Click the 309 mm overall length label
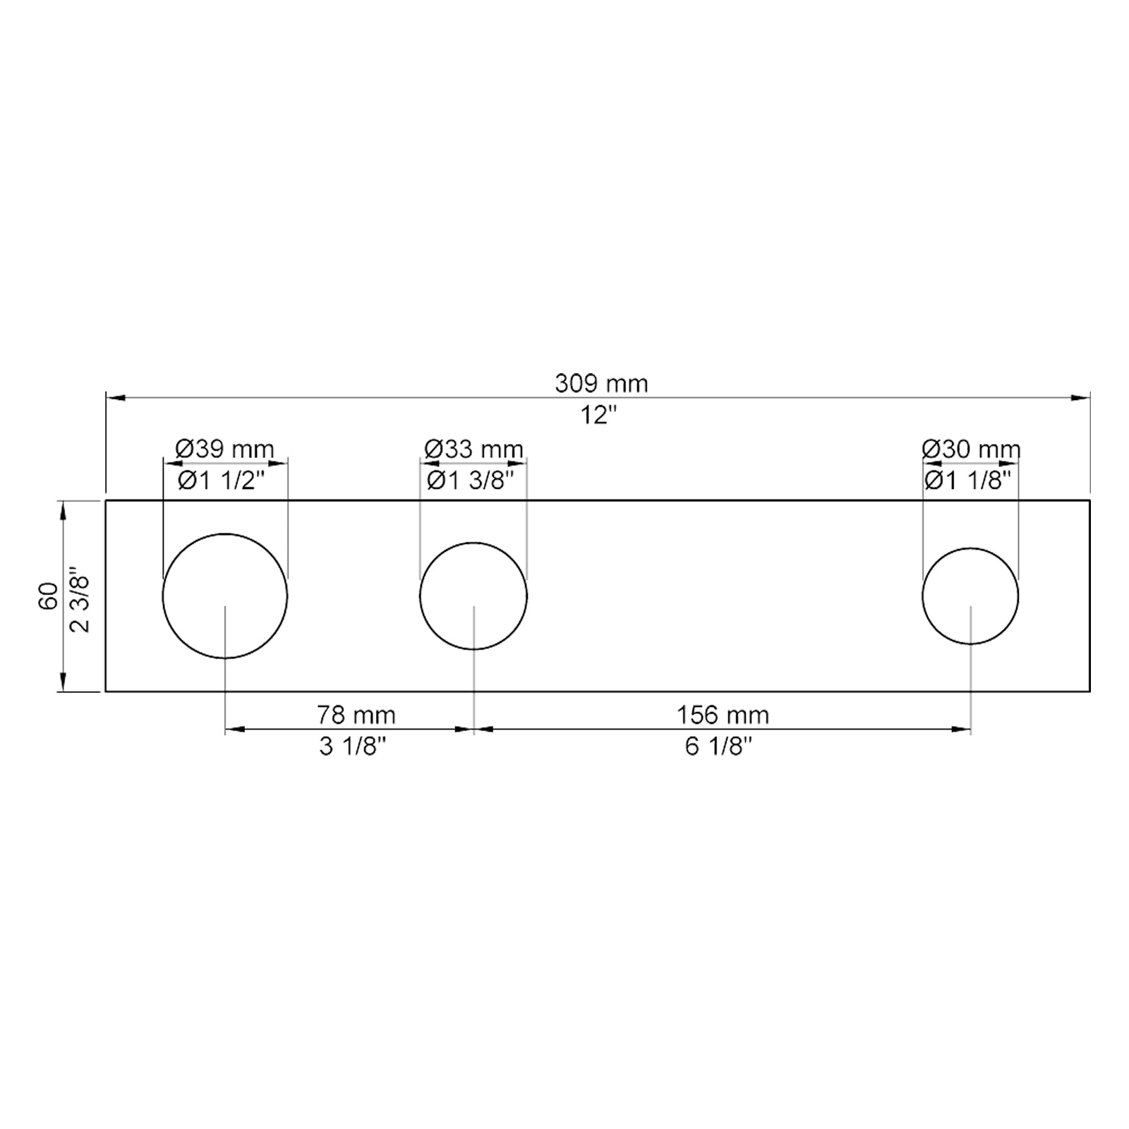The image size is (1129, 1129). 600,383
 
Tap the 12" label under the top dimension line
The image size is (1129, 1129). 598,416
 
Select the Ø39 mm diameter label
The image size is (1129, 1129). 224,449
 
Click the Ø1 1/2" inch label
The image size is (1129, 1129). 221,481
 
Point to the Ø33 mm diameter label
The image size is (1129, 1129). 473,449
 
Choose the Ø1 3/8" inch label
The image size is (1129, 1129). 471,481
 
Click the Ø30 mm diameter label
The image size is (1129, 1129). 971,449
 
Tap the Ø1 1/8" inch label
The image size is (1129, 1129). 967,481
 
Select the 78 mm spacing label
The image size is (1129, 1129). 356,715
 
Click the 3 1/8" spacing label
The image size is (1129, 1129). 353,747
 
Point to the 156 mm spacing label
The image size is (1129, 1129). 723,715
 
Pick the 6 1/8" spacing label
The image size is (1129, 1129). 718,747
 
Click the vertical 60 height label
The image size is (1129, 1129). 49,596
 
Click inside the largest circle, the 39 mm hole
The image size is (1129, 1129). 225,579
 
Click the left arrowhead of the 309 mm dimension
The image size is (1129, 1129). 115,398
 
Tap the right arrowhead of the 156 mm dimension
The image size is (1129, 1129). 962,730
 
